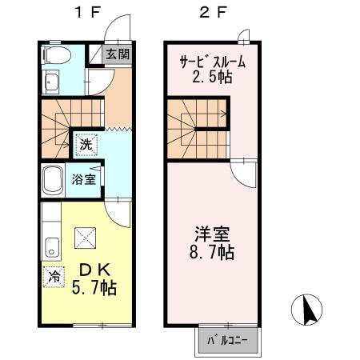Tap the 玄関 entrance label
coord(118,54)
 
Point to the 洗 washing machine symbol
coord(85,146)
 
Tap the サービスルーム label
coord(210,62)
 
